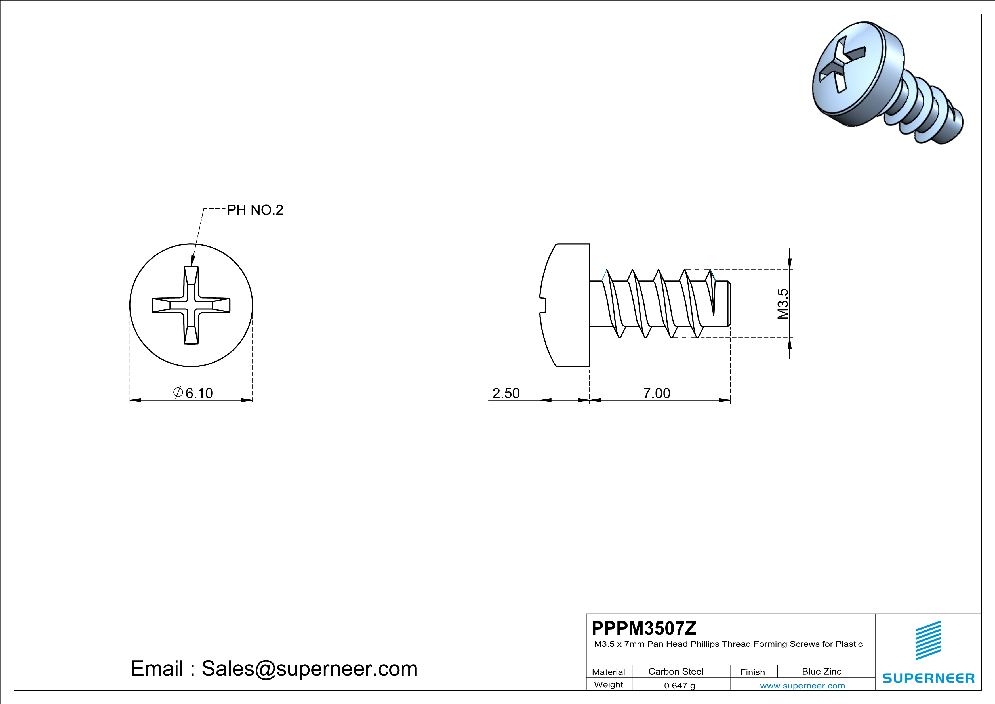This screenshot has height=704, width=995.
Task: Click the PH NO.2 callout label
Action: pyautogui.click(x=255, y=210)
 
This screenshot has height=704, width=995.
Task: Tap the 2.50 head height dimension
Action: pyautogui.click(x=506, y=393)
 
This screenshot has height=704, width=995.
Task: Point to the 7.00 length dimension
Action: pyautogui.click(x=657, y=393)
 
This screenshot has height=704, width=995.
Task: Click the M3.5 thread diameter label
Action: pyautogui.click(x=783, y=304)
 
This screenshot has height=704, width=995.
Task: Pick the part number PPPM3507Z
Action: pyautogui.click(x=644, y=628)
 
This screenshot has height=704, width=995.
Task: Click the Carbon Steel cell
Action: pyautogui.click(x=676, y=671)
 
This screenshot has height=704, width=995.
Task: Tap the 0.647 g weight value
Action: pyautogui.click(x=680, y=685)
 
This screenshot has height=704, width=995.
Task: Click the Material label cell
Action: pyautogui.click(x=609, y=672)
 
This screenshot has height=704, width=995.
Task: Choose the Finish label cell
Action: pyautogui.click(x=752, y=672)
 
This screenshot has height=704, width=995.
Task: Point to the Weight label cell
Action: pyautogui.click(x=609, y=684)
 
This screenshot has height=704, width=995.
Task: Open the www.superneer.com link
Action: pyautogui.click(x=802, y=685)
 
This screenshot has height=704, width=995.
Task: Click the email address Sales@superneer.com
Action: pyautogui.click(x=310, y=669)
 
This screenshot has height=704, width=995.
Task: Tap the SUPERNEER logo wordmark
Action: pyautogui.click(x=928, y=678)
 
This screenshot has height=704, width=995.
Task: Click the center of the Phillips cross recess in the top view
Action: pyautogui.click(x=191, y=305)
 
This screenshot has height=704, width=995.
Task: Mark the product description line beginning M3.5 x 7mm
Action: pyautogui.click(x=728, y=644)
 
